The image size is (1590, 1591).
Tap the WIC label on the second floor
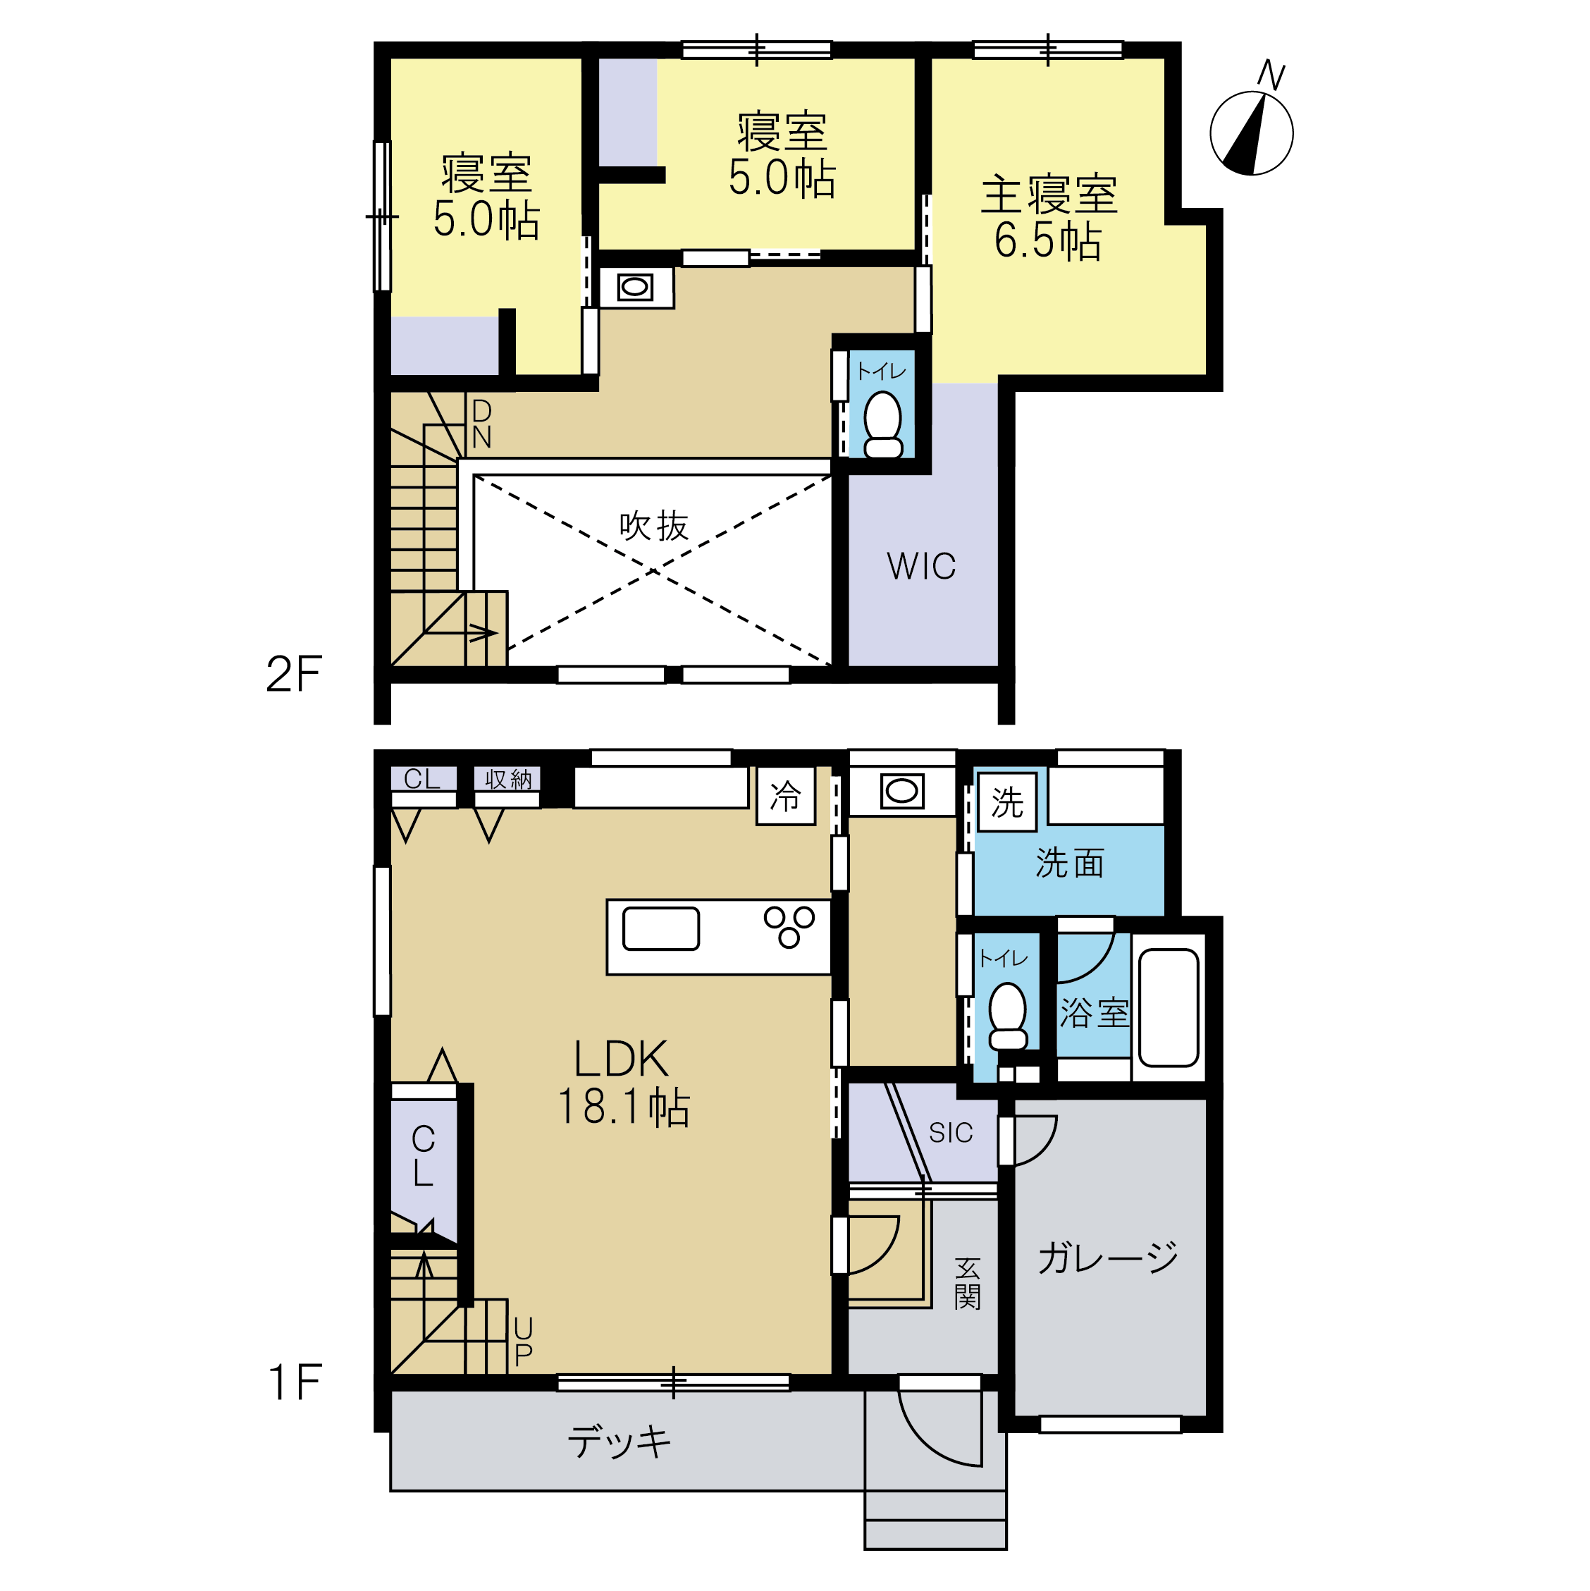pyautogui.click(x=921, y=567)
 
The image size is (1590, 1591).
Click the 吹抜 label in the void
pyautogui.click(x=654, y=525)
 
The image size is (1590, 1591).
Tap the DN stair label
pyautogui.click(x=481, y=424)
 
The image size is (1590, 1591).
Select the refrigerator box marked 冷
pyautogui.click(x=786, y=795)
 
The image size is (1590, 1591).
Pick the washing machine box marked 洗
pyautogui.click(x=1007, y=802)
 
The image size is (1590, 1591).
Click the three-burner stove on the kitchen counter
pyautogui.click(x=789, y=926)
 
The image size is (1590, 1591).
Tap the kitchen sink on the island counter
pyautogui.click(x=661, y=929)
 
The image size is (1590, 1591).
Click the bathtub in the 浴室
pyautogui.click(x=1169, y=1008)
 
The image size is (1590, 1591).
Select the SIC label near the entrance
pyautogui.click(x=951, y=1133)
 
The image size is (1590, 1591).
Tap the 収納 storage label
pyautogui.click(x=508, y=779)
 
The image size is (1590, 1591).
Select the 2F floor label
pyautogui.click(x=294, y=675)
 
